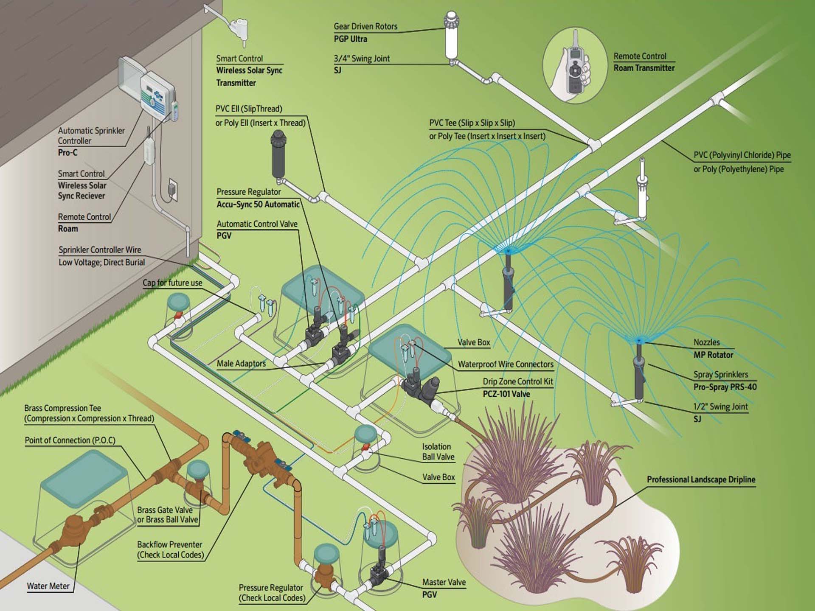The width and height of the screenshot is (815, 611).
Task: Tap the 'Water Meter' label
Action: coord(48,586)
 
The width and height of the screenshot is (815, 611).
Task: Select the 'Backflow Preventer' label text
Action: coord(169,544)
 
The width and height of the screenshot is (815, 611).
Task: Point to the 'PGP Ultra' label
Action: coord(350,39)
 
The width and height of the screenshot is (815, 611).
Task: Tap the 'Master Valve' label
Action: coord(444,582)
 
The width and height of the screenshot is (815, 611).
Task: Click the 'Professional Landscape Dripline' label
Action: coord(701,479)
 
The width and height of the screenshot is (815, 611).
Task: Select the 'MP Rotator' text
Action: coord(713,355)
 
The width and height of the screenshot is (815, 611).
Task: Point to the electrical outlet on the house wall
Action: coord(172,188)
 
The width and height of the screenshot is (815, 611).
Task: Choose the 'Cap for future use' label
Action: coord(172,283)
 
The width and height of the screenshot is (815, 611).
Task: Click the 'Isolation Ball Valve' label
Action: coord(438,451)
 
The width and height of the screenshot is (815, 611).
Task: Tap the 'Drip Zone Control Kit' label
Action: coord(517,381)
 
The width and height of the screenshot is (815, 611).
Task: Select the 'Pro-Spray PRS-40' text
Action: coord(725,387)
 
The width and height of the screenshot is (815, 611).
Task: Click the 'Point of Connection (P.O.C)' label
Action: coord(70,440)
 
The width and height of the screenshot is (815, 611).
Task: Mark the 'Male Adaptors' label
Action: coord(241,363)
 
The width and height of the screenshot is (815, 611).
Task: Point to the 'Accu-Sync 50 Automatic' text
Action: coord(258,205)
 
